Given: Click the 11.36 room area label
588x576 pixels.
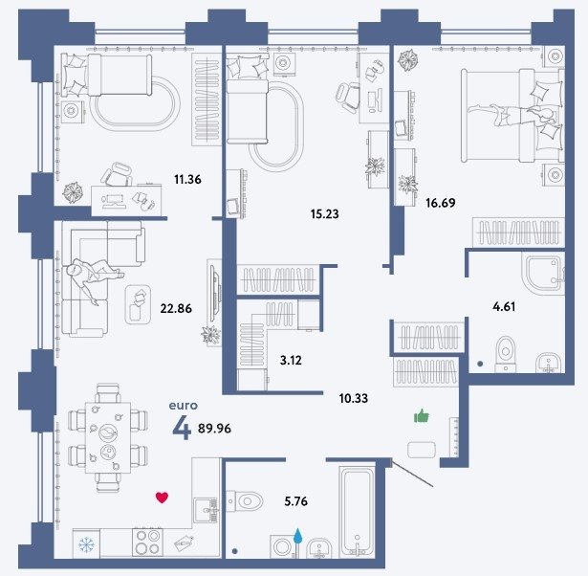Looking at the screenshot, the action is (187, 179).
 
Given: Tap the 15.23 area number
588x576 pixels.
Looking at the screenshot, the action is (325, 214).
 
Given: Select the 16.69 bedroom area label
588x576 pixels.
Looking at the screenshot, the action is (441, 203).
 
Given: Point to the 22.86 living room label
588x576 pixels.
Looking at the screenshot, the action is (176, 308).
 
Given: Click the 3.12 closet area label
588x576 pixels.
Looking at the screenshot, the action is (291, 360).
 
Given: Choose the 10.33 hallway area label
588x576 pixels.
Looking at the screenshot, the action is (354, 398).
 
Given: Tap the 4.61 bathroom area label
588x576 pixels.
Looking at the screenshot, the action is (504, 307).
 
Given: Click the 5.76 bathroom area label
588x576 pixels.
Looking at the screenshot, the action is (295, 501).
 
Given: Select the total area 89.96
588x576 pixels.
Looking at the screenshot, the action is (214, 428).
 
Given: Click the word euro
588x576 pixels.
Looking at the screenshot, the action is (183, 406).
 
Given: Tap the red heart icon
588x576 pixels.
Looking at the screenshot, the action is (162, 498).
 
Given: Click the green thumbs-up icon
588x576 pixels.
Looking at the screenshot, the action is (422, 416).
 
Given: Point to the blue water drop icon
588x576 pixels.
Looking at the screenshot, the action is (297, 536).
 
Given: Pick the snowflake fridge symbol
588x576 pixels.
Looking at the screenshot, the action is (87, 544).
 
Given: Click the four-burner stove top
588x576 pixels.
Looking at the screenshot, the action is (148, 543).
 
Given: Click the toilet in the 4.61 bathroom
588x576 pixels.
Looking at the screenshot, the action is (506, 354).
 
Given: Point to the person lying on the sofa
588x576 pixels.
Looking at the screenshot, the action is (94, 277).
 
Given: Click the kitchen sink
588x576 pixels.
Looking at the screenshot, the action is (206, 510).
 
